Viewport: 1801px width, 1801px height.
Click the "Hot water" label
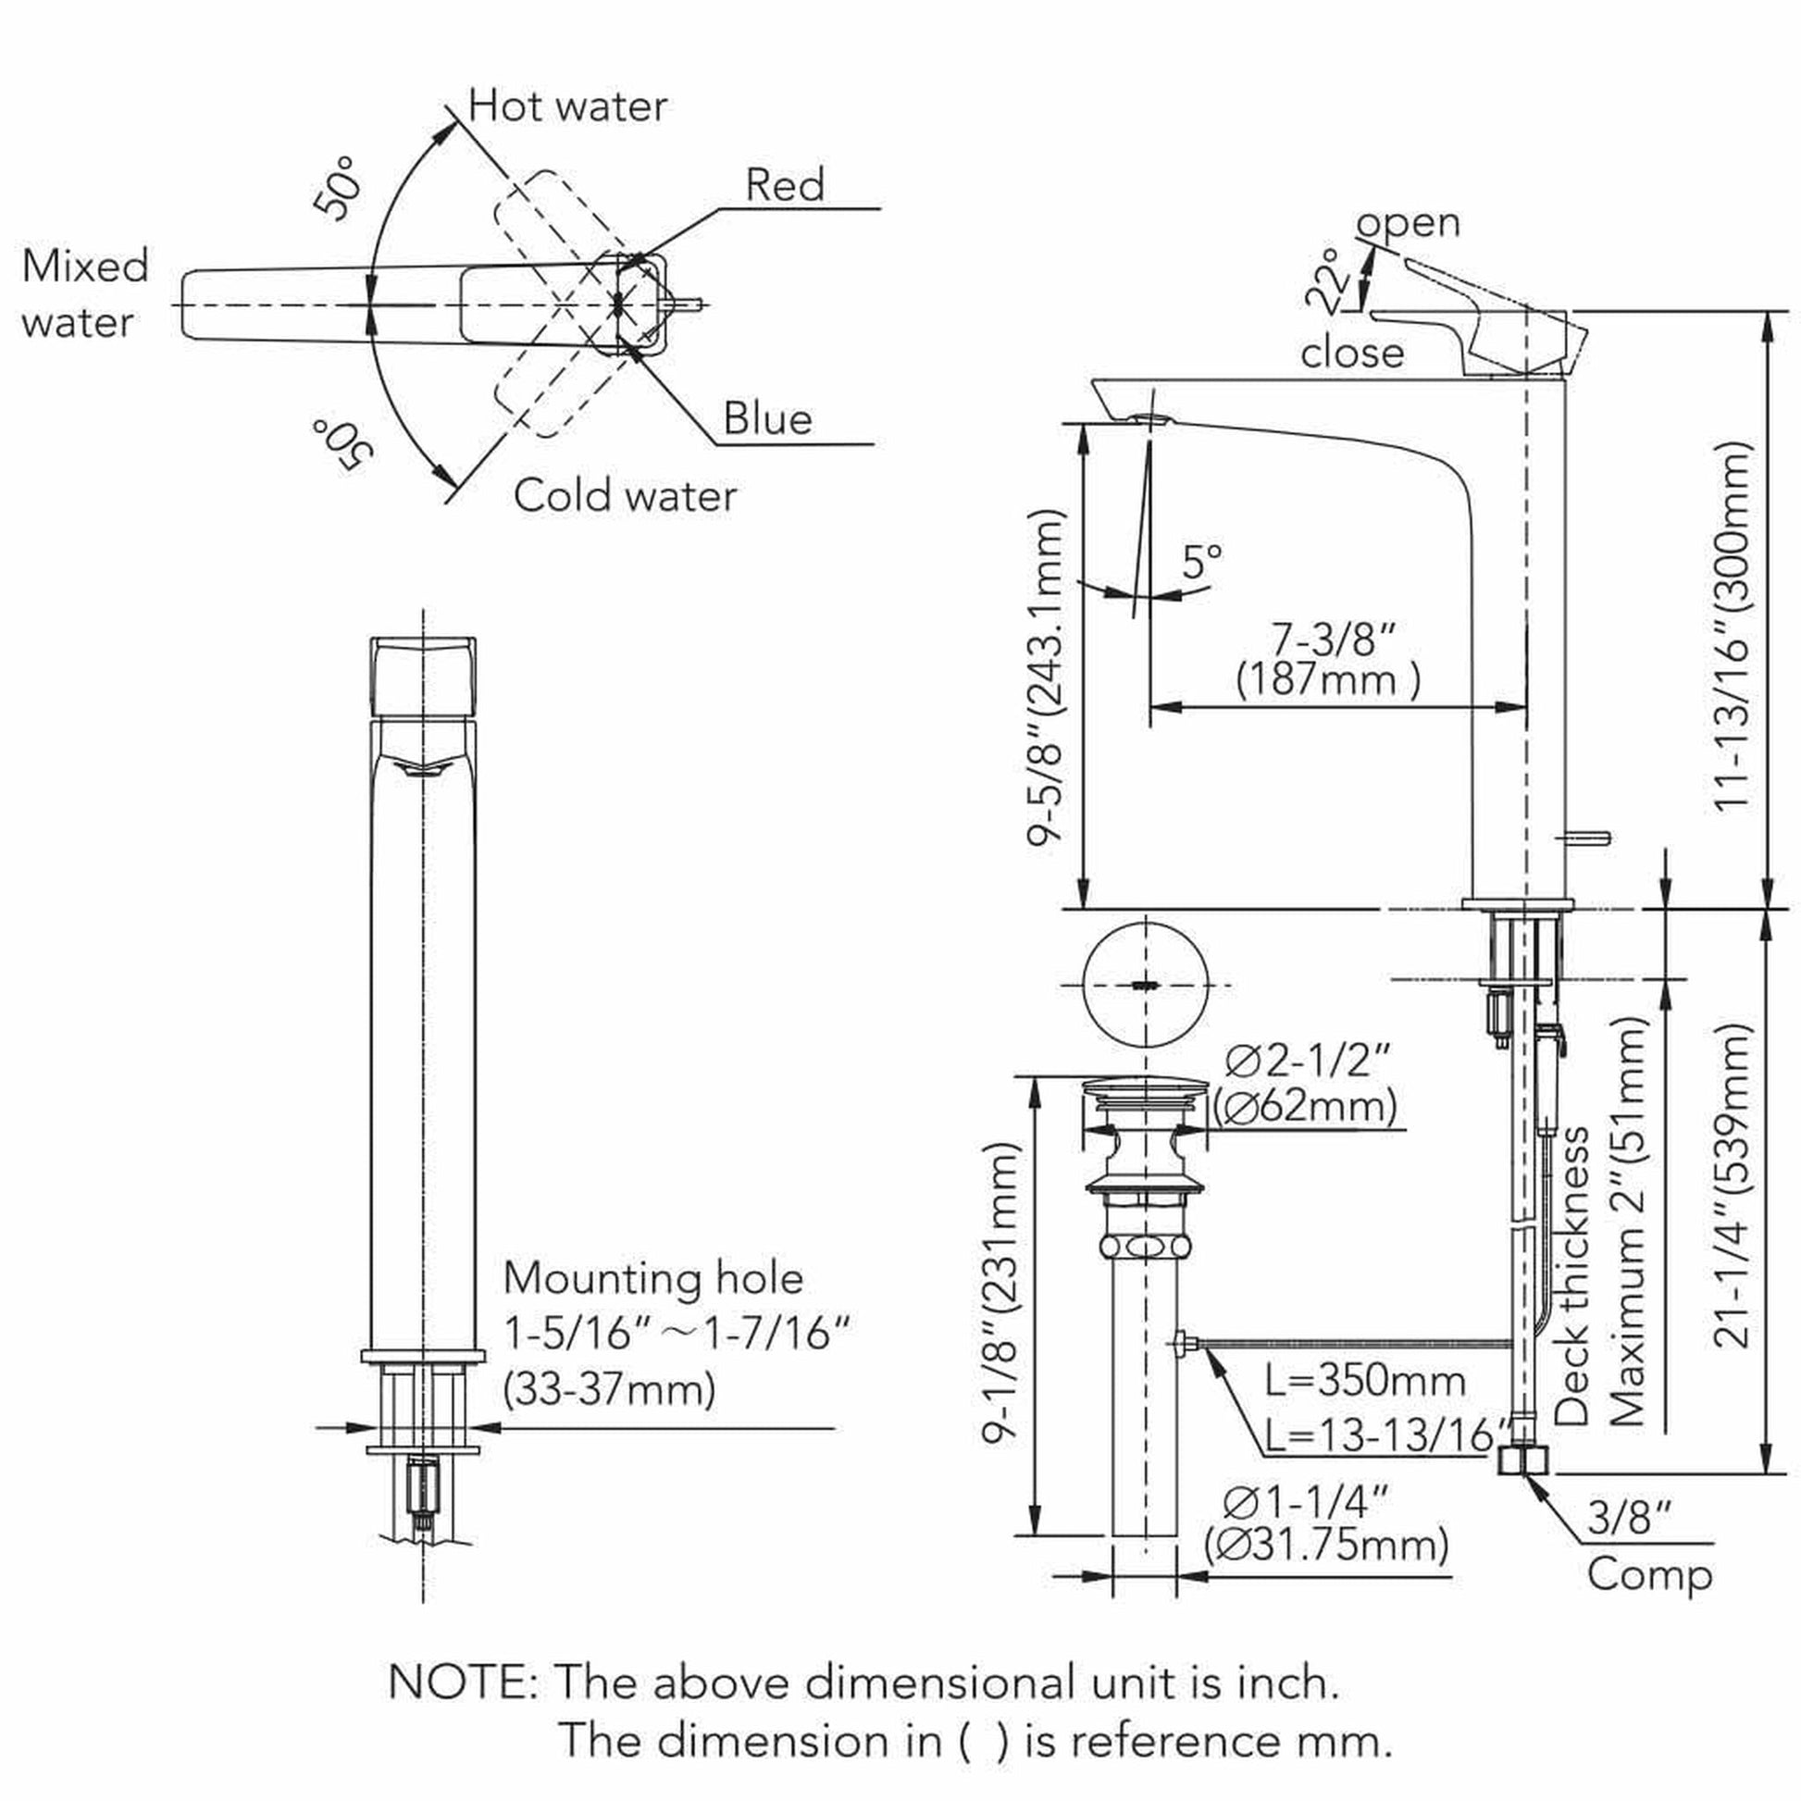[x=566, y=106]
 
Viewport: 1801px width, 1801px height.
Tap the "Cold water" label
[x=625, y=495]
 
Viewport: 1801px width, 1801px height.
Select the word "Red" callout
[x=785, y=184]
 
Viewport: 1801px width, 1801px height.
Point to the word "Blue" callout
[x=767, y=418]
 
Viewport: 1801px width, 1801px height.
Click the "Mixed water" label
[x=84, y=293]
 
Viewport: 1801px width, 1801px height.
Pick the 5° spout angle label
[x=1201, y=561]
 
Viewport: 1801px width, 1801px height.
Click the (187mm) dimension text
[x=1327, y=678]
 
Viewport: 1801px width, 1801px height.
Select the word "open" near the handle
[x=1408, y=222]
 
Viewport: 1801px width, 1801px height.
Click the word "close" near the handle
[x=1352, y=354]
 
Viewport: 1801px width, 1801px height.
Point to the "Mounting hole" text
[x=652, y=1278]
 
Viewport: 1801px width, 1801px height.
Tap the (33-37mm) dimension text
[x=610, y=1389]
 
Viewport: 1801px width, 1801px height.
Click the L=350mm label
[x=1365, y=1381]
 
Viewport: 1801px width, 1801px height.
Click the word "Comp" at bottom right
[x=1650, y=1574]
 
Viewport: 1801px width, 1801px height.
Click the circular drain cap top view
[x=1146, y=985]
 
